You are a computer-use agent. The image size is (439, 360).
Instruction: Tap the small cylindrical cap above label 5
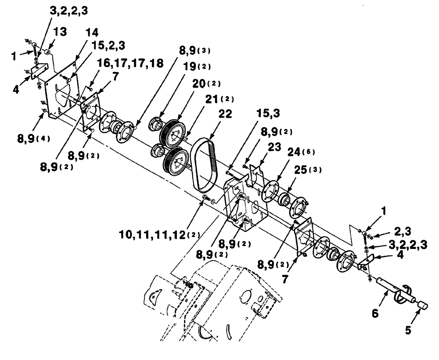(423, 304)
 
